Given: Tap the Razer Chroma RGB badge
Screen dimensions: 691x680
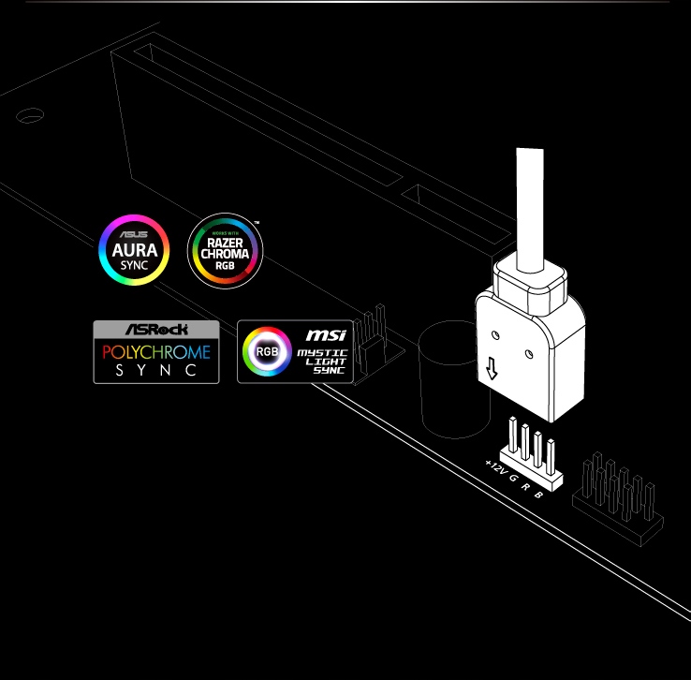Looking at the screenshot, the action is click(225, 250).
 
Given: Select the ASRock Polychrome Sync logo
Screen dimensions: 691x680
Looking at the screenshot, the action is click(156, 351).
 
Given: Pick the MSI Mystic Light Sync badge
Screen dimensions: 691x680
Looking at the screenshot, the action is click(294, 351).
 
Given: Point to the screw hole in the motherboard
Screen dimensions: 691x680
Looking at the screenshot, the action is click(30, 115).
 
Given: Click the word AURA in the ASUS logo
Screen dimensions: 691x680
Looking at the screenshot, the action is click(135, 250).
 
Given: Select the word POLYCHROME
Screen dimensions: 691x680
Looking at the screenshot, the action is click(156, 352).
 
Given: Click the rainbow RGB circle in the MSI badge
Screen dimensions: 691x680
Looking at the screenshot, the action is click(267, 352).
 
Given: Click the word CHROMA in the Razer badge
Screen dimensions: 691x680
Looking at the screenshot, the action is click(225, 253).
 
